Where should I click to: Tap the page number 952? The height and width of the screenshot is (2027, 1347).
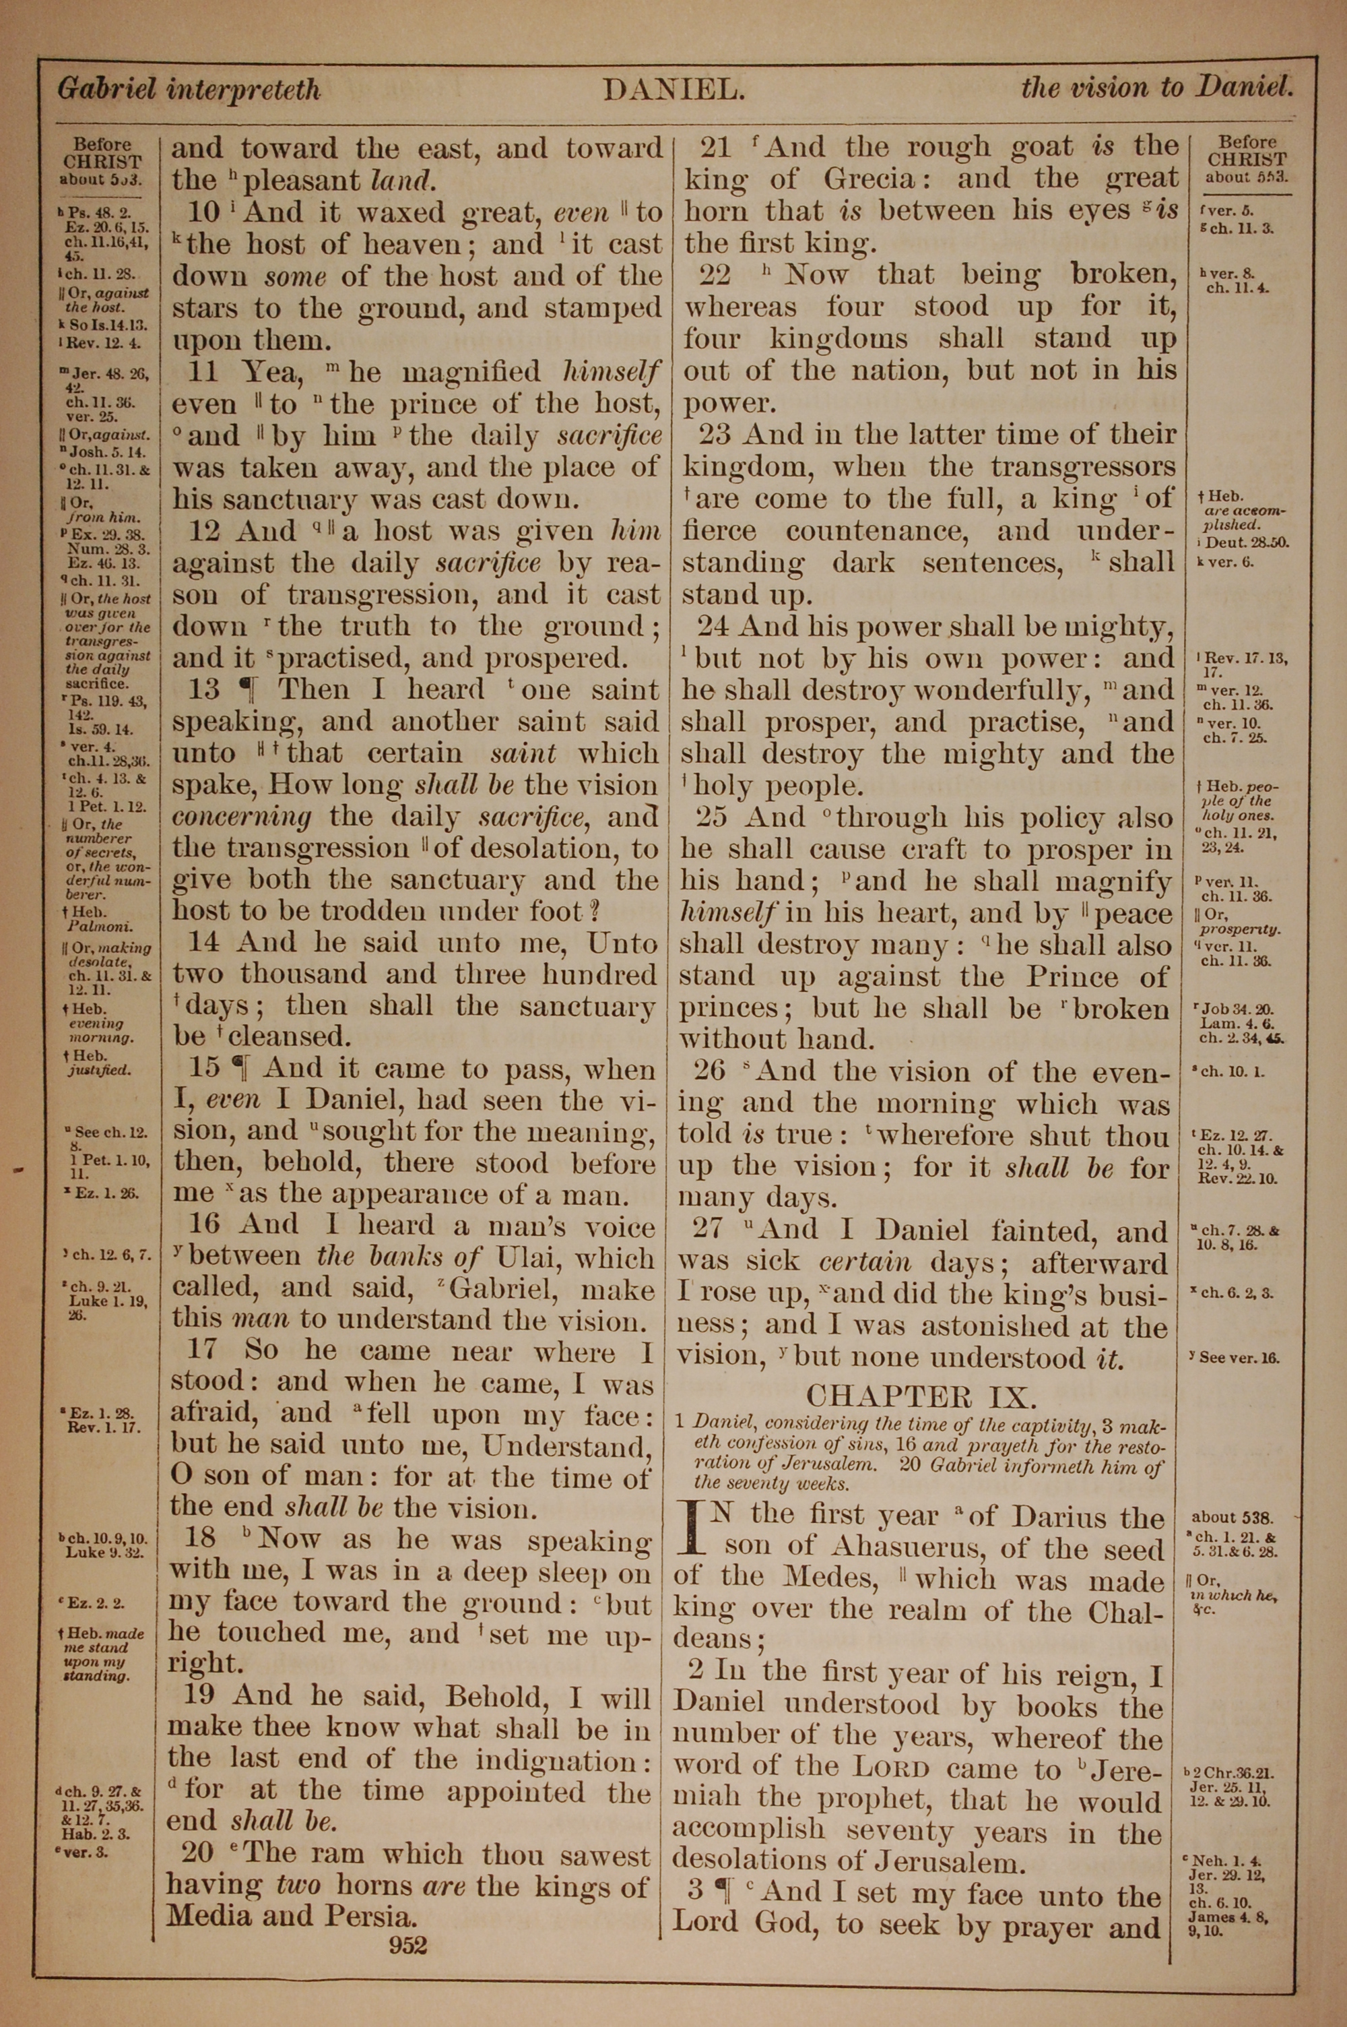pyautogui.click(x=407, y=1945)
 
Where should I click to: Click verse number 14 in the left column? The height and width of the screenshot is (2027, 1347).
pyautogui.click(x=203, y=943)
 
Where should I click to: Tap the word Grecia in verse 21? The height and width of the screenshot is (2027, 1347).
pyautogui.click(x=872, y=179)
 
